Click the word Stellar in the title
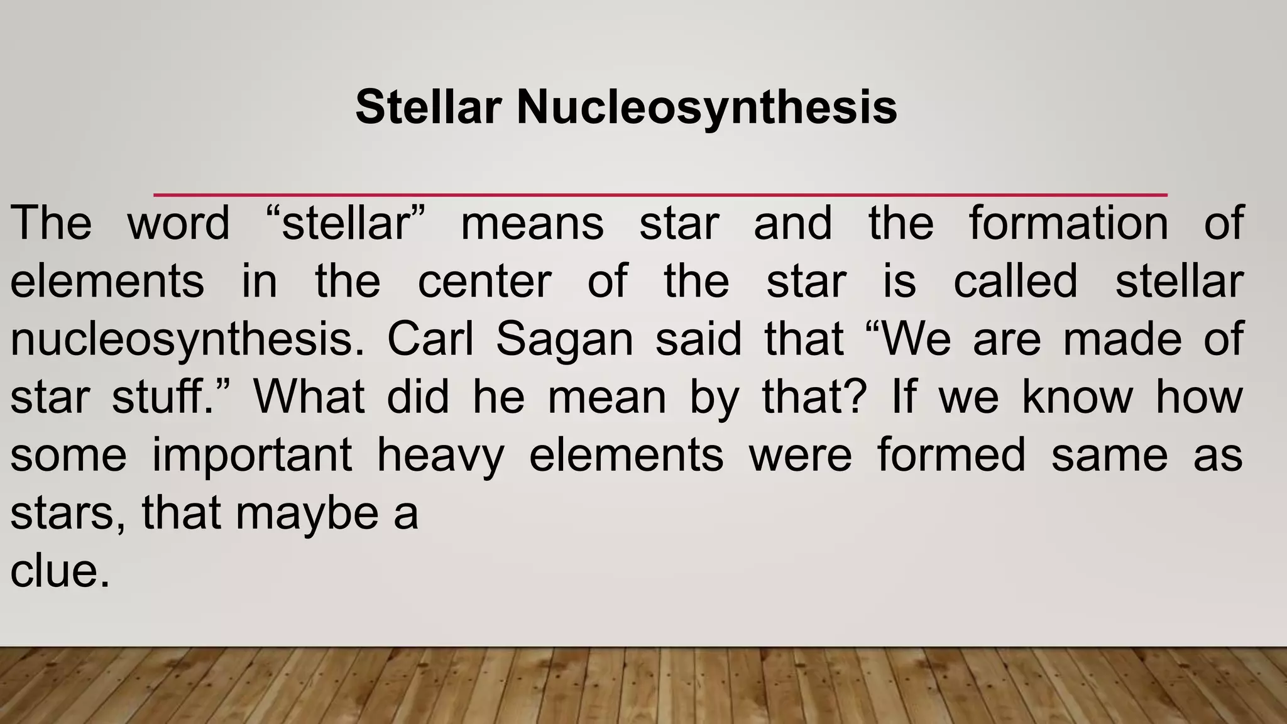pyautogui.click(x=428, y=107)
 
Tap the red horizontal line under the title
pyautogui.click(x=660, y=195)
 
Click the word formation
pyautogui.click(x=1068, y=223)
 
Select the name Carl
pyautogui.click(x=430, y=339)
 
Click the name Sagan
pyautogui.click(x=564, y=340)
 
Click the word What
pyautogui.click(x=309, y=397)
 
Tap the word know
pyautogui.click(x=1077, y=397)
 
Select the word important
pyautogui.click(x=252, y=456)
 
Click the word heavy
pyautogui.click(x=441, y=456)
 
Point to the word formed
pyautogui.click(x=951, y=455)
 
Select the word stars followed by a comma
pyautogui.click(x=65, y=513)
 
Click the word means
pyautogui.click(x=532, y=223)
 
